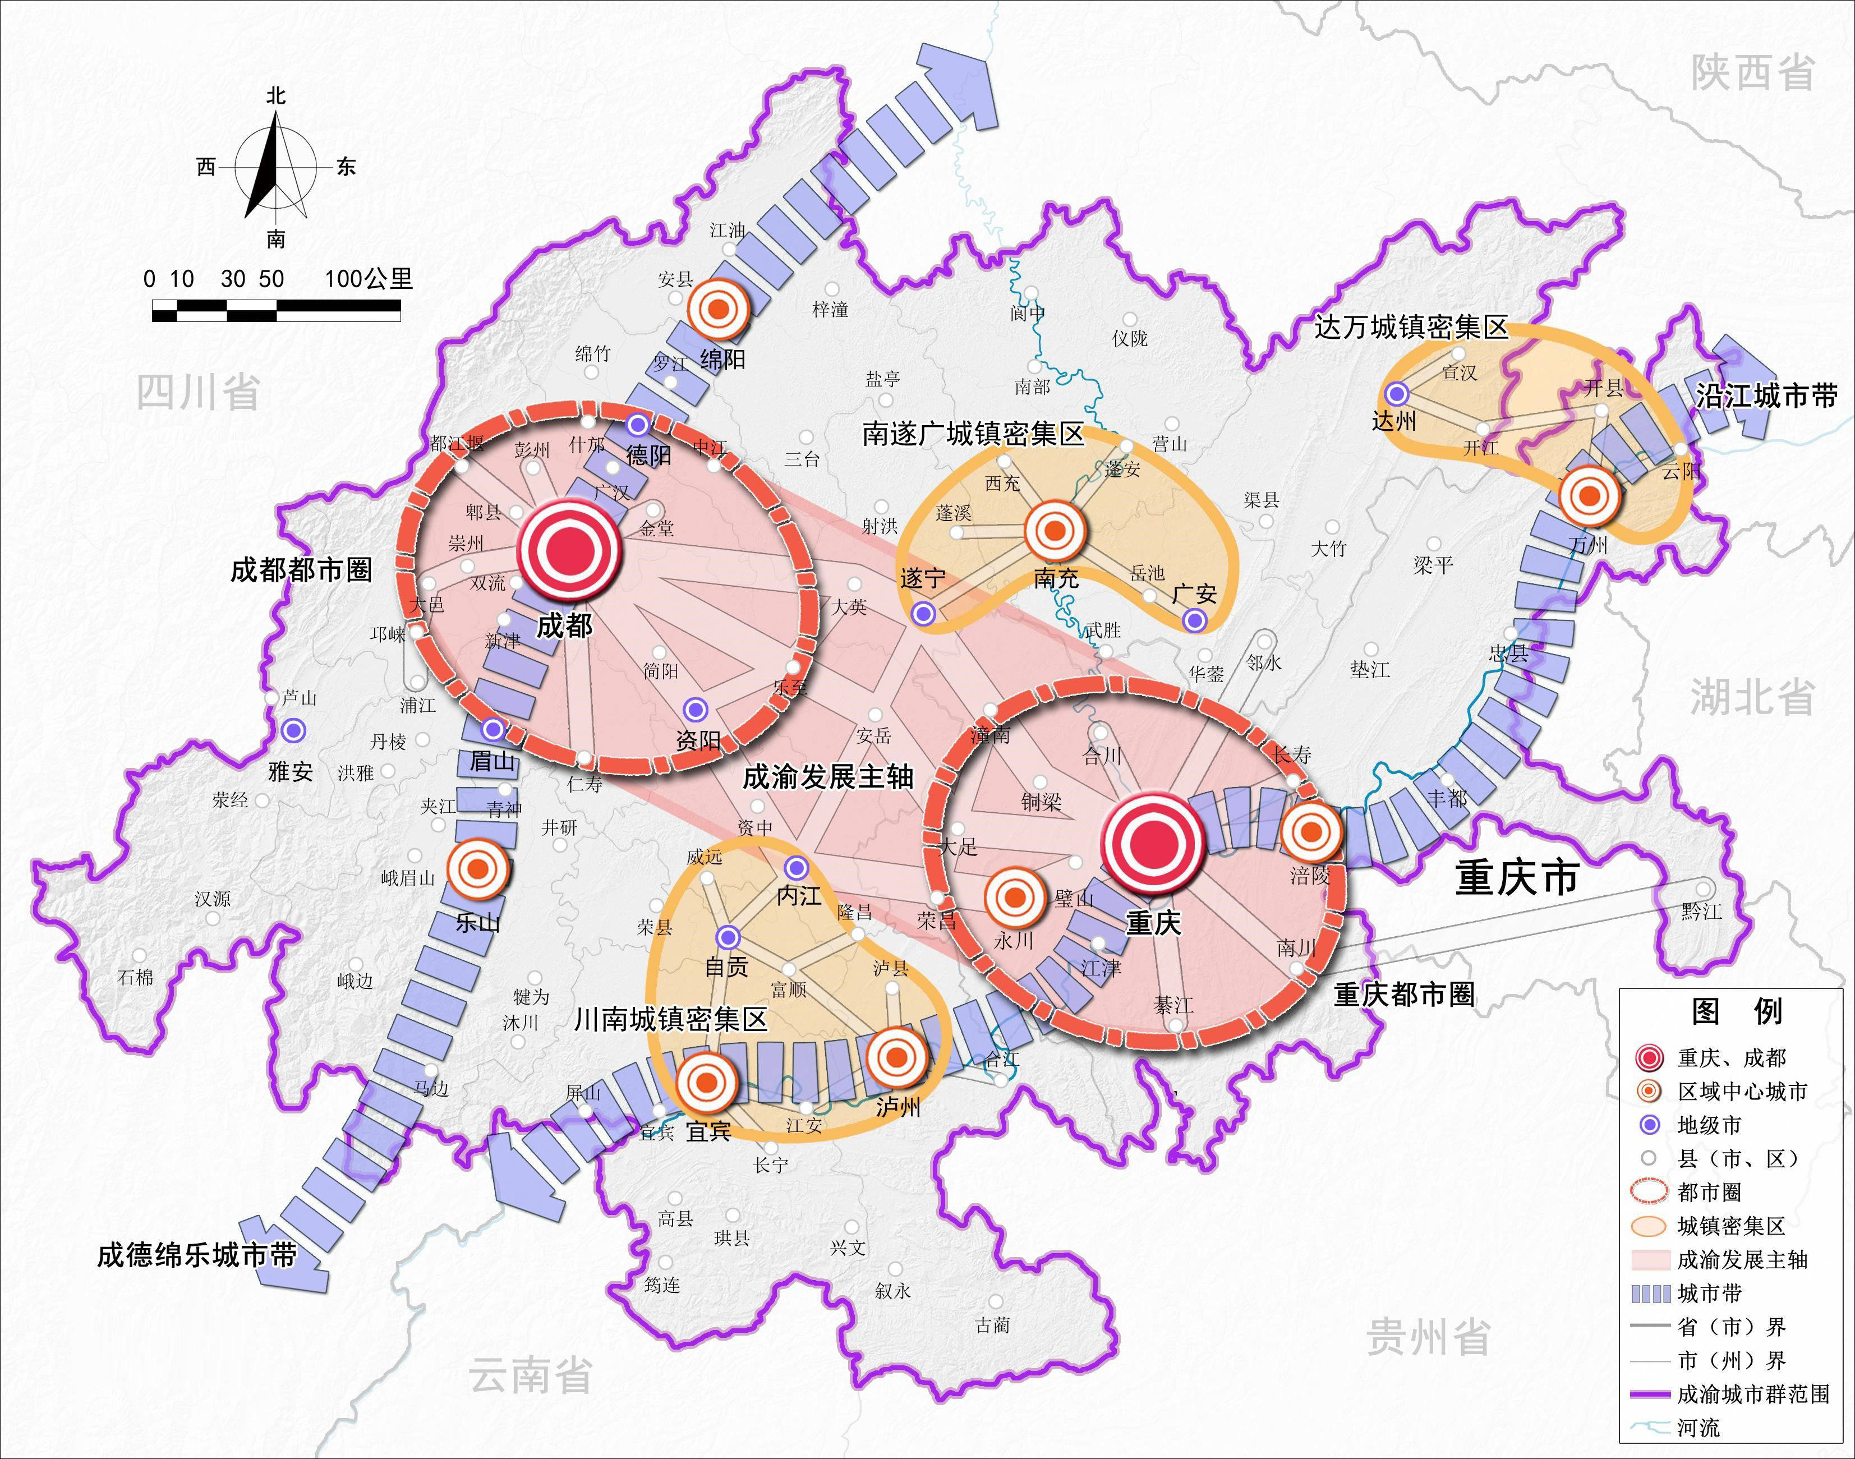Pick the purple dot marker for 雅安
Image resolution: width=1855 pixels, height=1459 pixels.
294,730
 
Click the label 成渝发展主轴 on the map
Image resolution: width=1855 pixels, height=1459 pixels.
828,777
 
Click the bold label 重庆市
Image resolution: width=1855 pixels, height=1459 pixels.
1517,878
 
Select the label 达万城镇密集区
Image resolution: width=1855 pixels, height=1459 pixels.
1411,327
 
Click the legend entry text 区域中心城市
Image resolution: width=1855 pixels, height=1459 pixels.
1742,1092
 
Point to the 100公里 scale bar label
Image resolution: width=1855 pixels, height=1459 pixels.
369,278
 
